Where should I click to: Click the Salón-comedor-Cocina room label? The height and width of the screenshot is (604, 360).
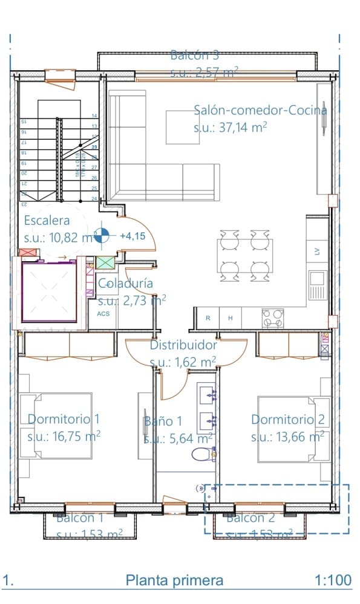pos(260,110)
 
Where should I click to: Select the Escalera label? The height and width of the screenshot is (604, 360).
pos(47,221)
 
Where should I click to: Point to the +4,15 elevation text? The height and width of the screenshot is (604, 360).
pos(133,236)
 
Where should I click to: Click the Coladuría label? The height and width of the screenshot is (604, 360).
pos(125,283)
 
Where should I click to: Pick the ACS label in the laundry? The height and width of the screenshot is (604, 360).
pos(104,314)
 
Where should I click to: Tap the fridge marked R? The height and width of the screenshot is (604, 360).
pos(208,318)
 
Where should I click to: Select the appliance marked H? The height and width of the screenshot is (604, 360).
pos(230,318)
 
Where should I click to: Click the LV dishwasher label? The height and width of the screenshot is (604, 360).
pos(316,252)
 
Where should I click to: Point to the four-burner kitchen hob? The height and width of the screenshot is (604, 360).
pos(273,317)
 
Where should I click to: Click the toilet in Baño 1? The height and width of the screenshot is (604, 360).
pos(203,454)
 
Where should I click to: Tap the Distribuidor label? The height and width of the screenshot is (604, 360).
pos(183,345)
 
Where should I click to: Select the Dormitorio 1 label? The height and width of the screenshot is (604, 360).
pos(64,418)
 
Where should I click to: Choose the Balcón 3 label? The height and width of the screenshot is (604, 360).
pos(194,56)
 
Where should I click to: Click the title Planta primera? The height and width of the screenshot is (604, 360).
pos(174,580)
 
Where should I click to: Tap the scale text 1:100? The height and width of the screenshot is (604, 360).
pos(333,580)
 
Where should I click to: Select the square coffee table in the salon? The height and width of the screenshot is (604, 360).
pos(183,127)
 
